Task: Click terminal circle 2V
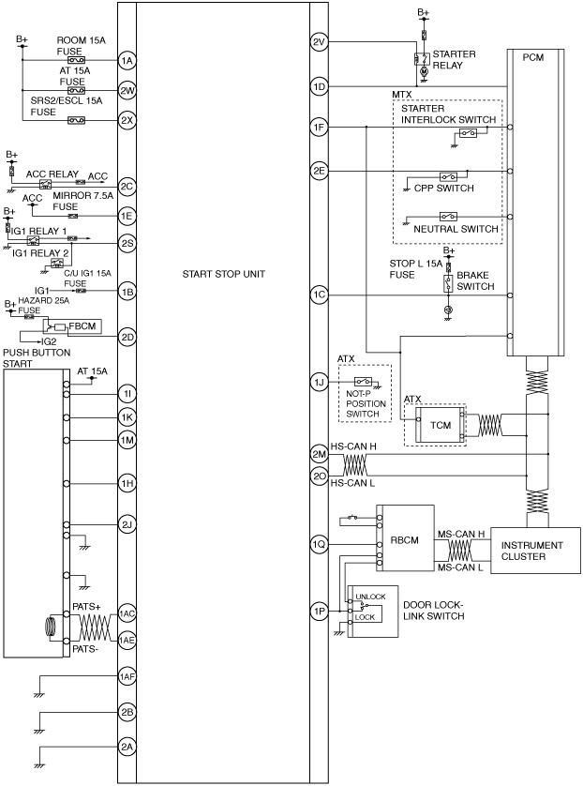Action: pos(319,41)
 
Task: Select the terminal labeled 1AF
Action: pos(127,676)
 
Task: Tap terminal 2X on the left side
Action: pos(127,120)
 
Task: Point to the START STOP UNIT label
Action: pos(223,274)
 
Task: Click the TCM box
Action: pos(441,425)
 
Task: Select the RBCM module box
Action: pos(405,537)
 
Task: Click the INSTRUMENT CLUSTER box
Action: pos(535,551)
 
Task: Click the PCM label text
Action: pos(533,57)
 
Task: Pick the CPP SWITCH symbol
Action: pos(448,176)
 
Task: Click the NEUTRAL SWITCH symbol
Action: pos(448,217)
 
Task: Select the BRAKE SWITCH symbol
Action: pos(449,283)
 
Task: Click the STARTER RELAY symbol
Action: pos(422,59)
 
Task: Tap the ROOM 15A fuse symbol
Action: pos(77,61)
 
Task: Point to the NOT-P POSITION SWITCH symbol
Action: pos(363,381)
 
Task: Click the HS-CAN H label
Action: pos(353,446)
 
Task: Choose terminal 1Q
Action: pos(319,544)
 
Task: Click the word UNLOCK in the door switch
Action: pos(370,597)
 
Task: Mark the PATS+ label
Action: pos(86,607)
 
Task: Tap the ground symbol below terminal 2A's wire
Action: pos(38,765)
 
